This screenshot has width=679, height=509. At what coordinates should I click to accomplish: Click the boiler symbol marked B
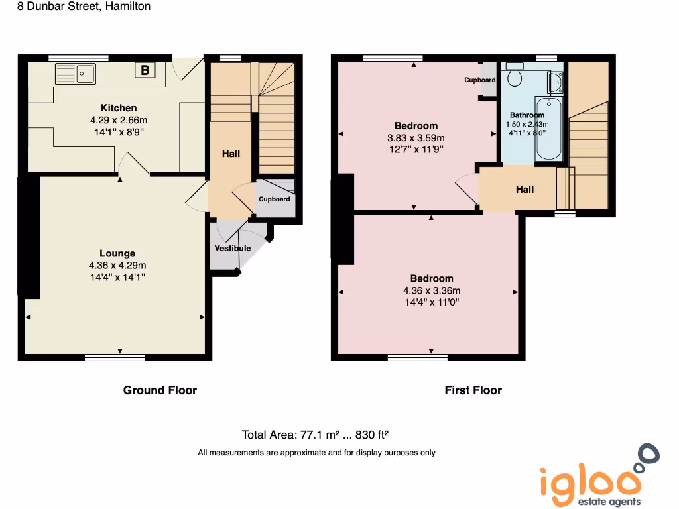145,70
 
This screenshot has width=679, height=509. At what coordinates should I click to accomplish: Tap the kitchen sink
76,73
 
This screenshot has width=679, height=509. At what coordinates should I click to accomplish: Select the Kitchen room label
119,108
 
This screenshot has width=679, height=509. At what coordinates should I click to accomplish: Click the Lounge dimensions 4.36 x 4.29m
117,265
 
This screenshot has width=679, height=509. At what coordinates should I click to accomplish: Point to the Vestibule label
233,248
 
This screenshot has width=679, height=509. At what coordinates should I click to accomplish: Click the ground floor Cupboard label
275,199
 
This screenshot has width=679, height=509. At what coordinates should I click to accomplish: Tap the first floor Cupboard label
479,80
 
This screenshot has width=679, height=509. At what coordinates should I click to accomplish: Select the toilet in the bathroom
514,76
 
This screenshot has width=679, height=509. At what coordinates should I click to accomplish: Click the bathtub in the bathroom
549,129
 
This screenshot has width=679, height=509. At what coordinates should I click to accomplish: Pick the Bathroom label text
527,115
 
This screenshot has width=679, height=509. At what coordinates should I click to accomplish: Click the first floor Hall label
525,190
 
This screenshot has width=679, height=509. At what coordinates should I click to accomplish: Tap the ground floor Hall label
231,154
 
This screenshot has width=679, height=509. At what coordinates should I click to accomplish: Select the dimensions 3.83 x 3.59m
416,138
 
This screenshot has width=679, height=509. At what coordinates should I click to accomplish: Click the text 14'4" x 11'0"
432,302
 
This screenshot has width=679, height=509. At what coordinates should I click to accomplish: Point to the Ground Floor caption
160,390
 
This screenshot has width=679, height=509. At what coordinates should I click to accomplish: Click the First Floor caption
473,390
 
